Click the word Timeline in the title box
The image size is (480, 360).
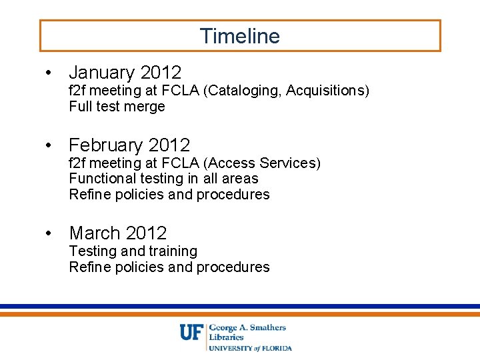(x=240, y=36)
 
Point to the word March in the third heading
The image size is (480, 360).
(x=94, y=233)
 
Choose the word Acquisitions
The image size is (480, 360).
(x=327, y=91)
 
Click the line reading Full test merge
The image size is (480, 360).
(x=117, y=107)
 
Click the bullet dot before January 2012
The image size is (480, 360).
(x=49, y=73)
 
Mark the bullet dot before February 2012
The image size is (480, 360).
(x=49, y=145)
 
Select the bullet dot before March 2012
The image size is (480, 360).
(x=49, y=234)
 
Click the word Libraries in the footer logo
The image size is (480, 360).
(x=227, y=337)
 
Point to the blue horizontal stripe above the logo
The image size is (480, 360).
(x=240, y=306)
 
